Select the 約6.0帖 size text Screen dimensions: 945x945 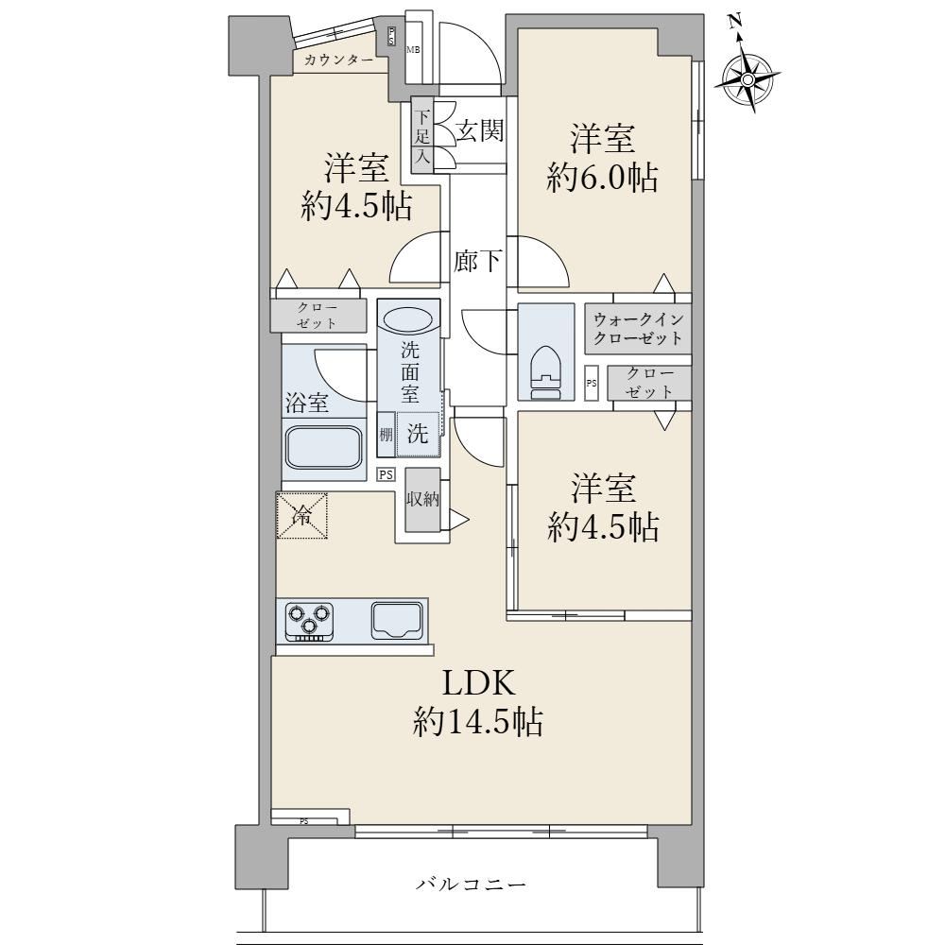pos(602,178)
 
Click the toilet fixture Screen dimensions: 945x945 pos(545,371)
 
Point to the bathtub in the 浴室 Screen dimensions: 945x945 pos(323,448)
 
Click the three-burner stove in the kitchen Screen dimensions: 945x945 pos(310,620)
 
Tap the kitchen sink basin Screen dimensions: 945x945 pos(397,620)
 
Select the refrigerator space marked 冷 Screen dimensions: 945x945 pos(302,515)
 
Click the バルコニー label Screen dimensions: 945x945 pos(472,885)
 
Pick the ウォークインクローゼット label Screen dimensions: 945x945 pos(638,329)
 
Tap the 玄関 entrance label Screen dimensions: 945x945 pos(479,130)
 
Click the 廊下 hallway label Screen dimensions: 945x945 pos(477,262)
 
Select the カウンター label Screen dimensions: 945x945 pos(338,60)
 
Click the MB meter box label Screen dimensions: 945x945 pos(413,50)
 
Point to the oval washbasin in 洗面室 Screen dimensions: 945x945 pos(407,318)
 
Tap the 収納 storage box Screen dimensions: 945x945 pos(422,499)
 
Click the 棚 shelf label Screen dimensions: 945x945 pos(387,434)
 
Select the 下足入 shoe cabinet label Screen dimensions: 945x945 pos(422,136)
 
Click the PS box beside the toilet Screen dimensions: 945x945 pos(592,383)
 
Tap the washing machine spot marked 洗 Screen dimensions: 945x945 pos(418,434)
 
